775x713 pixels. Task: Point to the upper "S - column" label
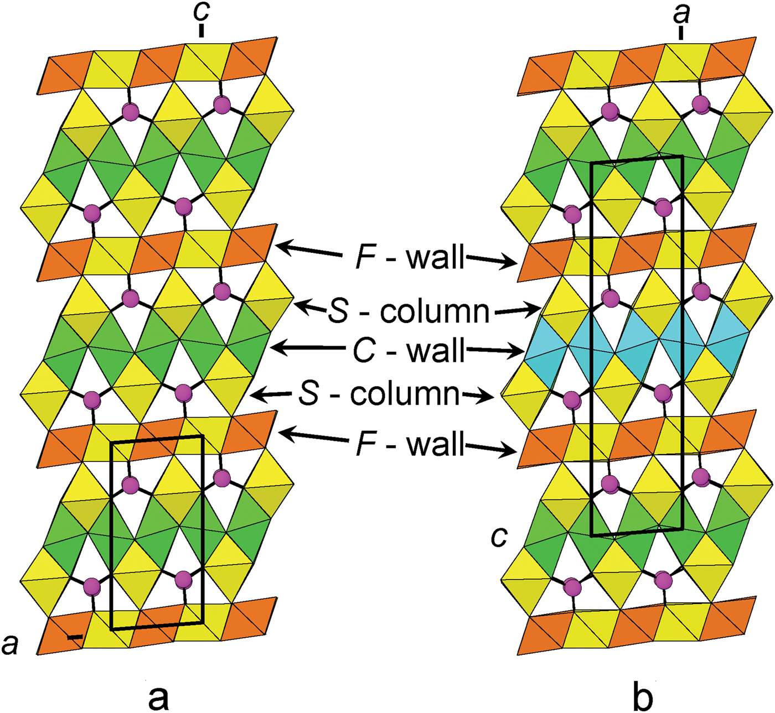pos(409,312)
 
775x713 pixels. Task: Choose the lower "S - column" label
pos(379,394)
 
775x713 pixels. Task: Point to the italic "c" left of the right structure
pos(499,537)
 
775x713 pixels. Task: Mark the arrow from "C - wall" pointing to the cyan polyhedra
pos(495,350)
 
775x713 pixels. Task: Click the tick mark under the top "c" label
pos(201,31)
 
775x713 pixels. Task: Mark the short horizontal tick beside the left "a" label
pos(75,637)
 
